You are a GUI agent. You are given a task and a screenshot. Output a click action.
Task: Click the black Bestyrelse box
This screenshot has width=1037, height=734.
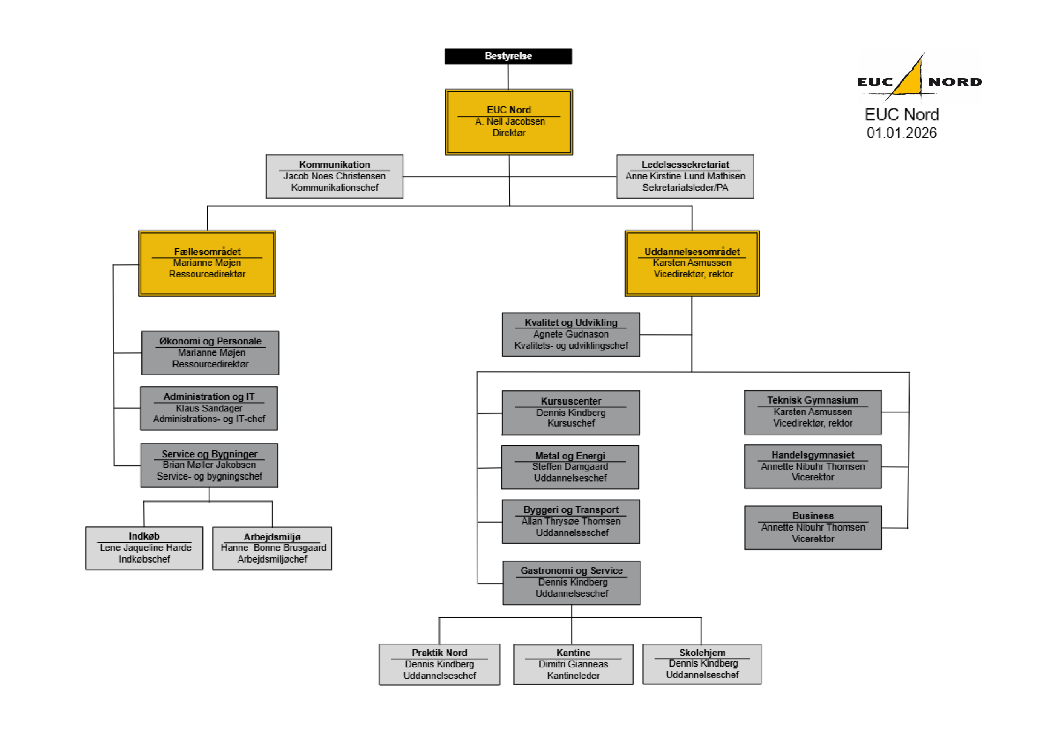(x=508, y=56)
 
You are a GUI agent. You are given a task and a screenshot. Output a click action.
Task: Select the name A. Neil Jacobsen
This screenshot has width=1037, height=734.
(x=510, y=121)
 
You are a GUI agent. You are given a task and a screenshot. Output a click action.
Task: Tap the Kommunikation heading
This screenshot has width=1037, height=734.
(x=334, y=165)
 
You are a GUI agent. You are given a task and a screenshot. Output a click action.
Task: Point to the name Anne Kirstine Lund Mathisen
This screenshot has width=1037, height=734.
(x=685, y=176)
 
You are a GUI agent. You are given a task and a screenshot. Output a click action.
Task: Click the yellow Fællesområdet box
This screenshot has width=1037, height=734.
(x=207, y=263)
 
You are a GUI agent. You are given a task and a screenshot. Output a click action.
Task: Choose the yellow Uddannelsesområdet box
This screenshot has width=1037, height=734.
(x=692, y=263)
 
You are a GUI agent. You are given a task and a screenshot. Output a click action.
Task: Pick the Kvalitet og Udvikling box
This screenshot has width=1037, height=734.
(x=570, y=334)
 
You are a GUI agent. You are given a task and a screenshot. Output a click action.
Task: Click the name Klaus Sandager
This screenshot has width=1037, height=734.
(x=209, y=408)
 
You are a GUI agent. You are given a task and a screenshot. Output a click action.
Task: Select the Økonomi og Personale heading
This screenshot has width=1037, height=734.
(x=210, y=341)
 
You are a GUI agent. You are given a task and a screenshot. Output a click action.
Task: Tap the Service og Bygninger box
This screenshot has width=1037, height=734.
(x=209, y=465)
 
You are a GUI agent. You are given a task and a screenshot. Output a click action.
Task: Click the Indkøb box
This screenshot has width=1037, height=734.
(x=144, y=548)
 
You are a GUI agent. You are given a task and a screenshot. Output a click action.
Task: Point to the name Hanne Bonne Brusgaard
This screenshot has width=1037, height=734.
(x=273, y=548)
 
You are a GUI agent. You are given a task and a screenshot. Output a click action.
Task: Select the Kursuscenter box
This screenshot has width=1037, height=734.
(x=570, y=413)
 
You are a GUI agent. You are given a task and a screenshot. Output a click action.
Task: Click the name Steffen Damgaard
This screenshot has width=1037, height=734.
(x=570, y=467)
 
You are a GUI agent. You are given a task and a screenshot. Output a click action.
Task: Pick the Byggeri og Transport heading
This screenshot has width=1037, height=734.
(x=571, y=510)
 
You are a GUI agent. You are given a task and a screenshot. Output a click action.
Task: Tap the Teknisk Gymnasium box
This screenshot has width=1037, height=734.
(x=813, y=412)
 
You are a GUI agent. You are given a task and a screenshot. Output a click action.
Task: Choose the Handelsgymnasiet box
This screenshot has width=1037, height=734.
(x=813, y=467)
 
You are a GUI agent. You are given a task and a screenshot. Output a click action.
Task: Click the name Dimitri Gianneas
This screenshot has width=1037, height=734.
(x=573, y=664)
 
